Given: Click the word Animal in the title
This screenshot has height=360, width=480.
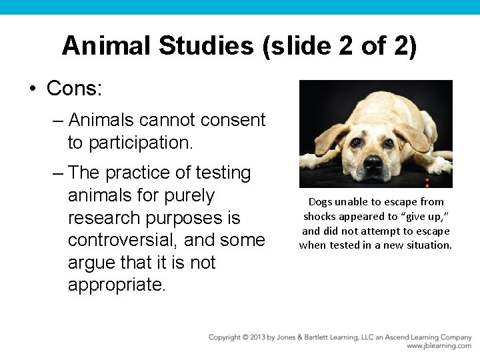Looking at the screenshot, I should (x=106, y=46).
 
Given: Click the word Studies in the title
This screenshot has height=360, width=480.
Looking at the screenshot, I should (x=206, y=46).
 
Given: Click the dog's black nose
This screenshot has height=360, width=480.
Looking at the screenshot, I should (x=373, y=162).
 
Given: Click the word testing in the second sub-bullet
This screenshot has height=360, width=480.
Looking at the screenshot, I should (x=221, y=173).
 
